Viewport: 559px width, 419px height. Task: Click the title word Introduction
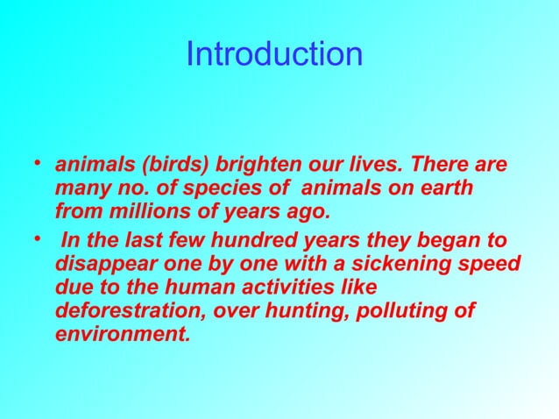coord(274,54)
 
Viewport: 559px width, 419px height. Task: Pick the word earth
coord(446,189)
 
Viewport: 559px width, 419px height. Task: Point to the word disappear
coord(103,264)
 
